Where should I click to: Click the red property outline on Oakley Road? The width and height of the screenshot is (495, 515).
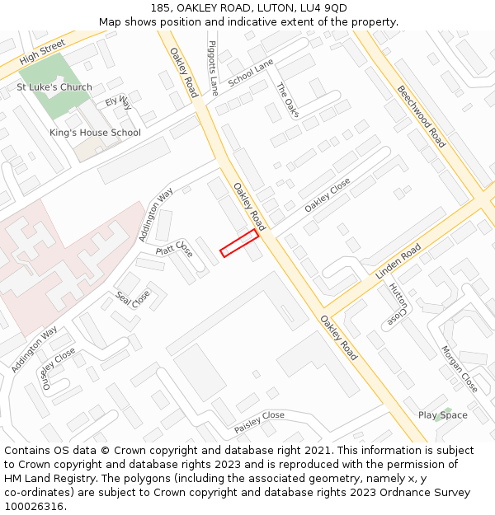pyautogui.click(x=239, y=243)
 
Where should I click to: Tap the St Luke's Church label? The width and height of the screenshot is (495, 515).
pyautogui.click(x=54, y=87)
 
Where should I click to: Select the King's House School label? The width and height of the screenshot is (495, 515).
pyautogui.click(x=95, y=133)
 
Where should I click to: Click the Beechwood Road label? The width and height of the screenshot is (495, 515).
pyautogui.click(x=421, y=116)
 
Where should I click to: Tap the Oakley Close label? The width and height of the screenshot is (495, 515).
pyautogui.click(x=328, y=195)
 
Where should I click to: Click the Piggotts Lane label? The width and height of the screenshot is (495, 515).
pyautogui.click(x=213, y=68)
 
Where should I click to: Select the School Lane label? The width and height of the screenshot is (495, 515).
pyautogui.click(x=251, y=73)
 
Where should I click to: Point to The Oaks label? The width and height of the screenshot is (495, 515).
pyautogui.click(x=286, y=101)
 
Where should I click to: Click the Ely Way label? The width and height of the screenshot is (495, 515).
pyautogui.click(x=118, y=103)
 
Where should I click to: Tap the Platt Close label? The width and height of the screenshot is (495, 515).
pyautogui.click(x=174, y=248)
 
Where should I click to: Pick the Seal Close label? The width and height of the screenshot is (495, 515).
pyautogui.click(x=133, y=297)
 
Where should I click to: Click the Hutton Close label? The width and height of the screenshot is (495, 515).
pyautogui.click(x=398, y=302)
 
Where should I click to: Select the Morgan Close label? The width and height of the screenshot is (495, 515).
pyautogui.click(x=459, y=368)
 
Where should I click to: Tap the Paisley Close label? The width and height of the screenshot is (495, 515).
pyautogui.click(x=259, y=422)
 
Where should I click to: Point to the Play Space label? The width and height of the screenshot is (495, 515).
pyautogui.click(x=442, y=415)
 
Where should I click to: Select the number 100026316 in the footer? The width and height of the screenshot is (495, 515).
pyautogui.click(x=34, y=506)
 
